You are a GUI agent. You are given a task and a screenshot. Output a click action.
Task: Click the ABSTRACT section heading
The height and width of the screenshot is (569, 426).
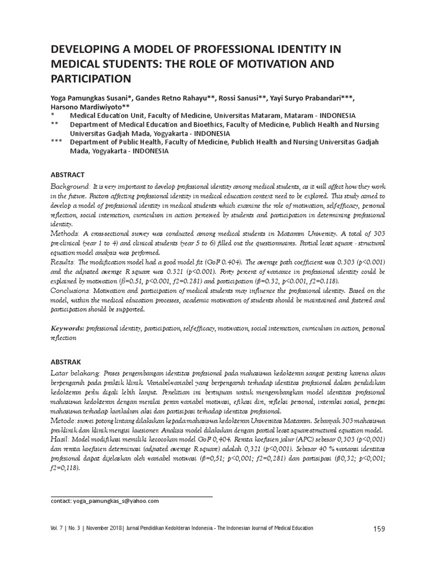pyautogui.click(x=68, y=174)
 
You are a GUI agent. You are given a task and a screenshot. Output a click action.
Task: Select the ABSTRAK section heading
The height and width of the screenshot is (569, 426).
pyautogui.click(x=67, y=360)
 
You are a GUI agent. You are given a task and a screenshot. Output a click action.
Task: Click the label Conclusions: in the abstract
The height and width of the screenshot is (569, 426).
pyautogui.click(x=74, y=290)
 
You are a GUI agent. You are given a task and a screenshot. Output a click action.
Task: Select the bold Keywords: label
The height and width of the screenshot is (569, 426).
pyautogui.click(x=68, y=328)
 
